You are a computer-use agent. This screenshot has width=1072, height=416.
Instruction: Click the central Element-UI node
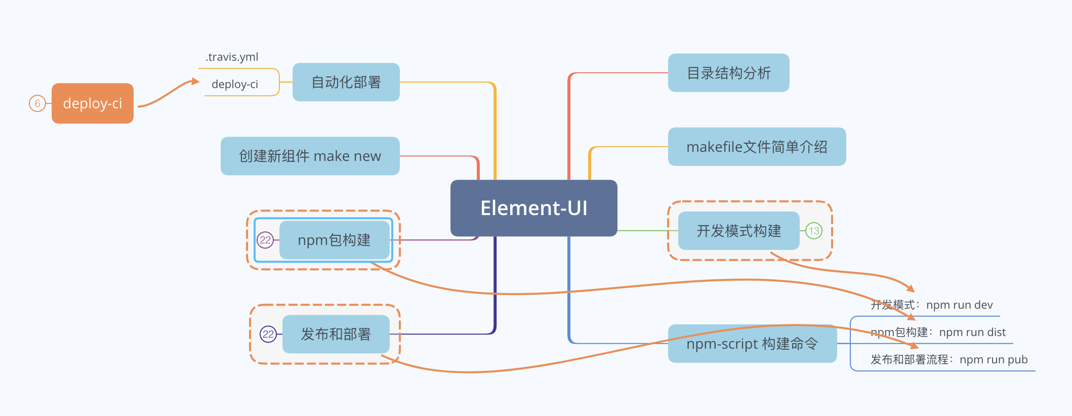(x=533, y=208)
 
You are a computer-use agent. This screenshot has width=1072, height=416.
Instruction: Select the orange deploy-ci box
(x=93, y=103)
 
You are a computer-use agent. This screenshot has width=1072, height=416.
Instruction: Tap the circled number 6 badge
(x=37, y=103)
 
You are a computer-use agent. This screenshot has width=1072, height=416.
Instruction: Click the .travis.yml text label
(x=232, y=57)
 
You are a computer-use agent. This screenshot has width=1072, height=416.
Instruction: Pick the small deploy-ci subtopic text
(x=235, y=84)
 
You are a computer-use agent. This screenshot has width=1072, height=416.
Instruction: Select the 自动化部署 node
(x=346, y=82)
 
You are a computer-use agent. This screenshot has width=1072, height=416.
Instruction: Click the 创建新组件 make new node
(x=310, y=156)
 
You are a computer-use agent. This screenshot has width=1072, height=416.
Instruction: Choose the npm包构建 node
(x=334, y=240)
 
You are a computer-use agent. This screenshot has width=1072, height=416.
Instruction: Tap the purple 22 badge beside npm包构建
(x=265, y=240)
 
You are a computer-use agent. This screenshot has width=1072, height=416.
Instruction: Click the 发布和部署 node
(x=336, y=334)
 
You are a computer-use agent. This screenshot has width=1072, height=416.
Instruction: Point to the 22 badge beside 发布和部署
(x=268, y=334)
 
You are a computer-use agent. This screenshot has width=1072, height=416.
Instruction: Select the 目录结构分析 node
(x=728, y=73)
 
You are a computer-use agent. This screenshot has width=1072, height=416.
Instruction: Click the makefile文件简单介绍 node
(x=757, y=147)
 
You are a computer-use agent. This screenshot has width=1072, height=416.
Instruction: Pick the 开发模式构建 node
(x=738, y=231)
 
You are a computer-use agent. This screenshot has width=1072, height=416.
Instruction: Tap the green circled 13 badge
(x=814, y=231)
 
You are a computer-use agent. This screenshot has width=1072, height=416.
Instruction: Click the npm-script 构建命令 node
(x=752, y=344)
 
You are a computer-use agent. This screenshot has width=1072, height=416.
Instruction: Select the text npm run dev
(x=959, y=305)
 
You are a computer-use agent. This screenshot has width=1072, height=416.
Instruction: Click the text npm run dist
(x=972, y=332)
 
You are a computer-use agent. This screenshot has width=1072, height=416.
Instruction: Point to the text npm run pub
(x=993, y=359)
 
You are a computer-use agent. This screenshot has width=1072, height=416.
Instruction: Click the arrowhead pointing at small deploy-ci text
(x=195, y=81)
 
